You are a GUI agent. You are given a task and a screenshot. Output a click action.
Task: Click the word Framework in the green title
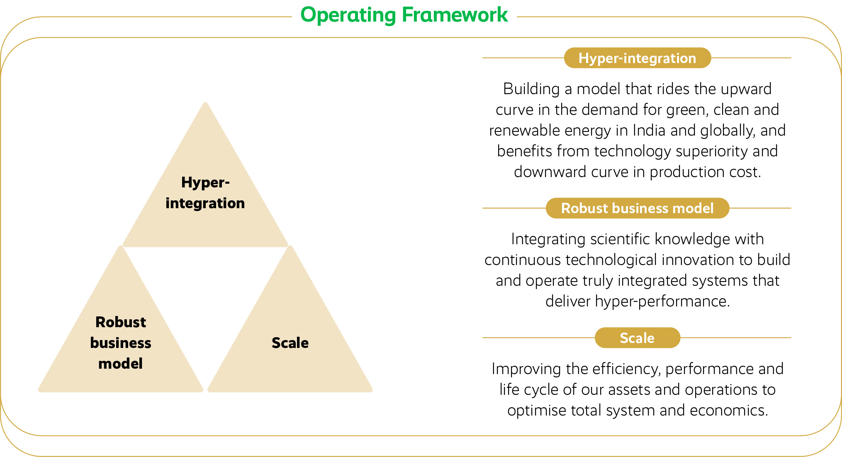click(455, 15)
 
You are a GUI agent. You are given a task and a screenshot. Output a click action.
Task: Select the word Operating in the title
click(348, 16)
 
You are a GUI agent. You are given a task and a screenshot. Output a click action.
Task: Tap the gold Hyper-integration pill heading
click(638, 58)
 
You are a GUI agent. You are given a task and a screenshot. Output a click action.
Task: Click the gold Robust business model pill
click(638, 208)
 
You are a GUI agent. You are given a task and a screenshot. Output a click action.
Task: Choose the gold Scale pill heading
click(638, 338)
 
